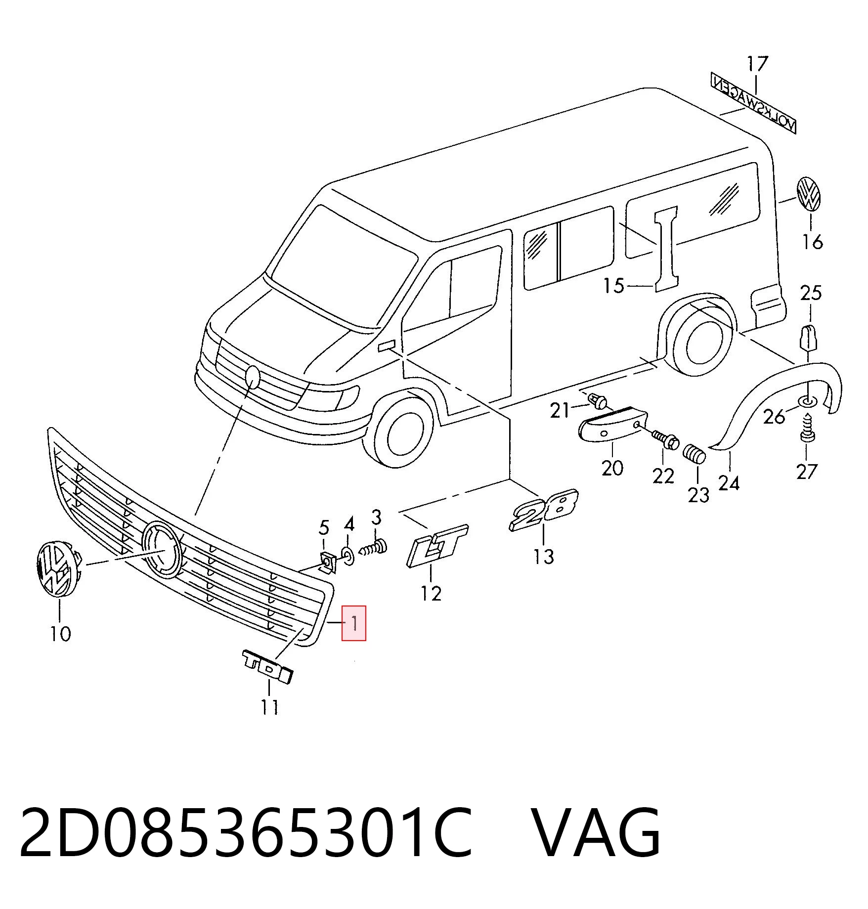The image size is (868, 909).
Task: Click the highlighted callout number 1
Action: pos(354,623)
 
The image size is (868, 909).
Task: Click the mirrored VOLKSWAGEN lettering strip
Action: pos(753,102)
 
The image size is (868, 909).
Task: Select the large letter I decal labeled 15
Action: pos(666,249)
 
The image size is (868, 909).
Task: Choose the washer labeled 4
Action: pos(348,557)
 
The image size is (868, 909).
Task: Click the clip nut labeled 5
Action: pos(329,563)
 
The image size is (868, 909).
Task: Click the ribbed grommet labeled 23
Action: pos(694,453)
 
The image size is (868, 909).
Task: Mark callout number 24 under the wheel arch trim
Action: pos(729,483)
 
